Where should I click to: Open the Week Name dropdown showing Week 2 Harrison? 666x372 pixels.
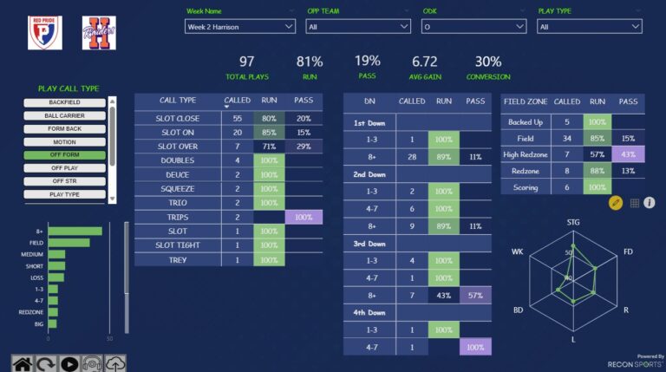pos(240,27)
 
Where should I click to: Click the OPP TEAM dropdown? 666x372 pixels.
pos(358,27)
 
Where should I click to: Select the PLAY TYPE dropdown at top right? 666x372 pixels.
pos(589,27)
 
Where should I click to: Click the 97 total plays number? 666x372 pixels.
pos(247,62)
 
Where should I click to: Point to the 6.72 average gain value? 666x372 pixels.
pos(425,62)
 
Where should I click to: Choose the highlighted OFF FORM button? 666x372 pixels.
pos(64,155)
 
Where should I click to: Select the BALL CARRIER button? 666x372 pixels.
pos(64,115)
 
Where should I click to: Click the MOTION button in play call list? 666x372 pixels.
pos(64,142)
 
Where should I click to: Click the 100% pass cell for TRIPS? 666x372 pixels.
pos(304,217)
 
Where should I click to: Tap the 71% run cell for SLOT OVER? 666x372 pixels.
pos(269,147)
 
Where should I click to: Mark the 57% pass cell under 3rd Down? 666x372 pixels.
pos(475,296)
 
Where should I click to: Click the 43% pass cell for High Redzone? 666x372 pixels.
pos(628,155)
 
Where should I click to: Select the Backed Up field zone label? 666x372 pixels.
pos(526,122)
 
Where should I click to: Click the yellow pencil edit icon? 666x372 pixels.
pos(616,203)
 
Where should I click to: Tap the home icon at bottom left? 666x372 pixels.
pos(22,363)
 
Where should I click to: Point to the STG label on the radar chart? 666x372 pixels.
pos(573,223)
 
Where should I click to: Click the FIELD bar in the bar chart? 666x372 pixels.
pos(69,243)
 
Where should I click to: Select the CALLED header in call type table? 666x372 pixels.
pos(237,101)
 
